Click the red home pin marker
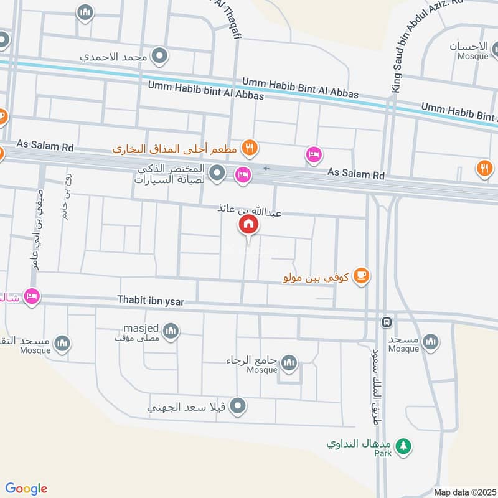(247, 225)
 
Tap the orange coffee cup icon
(360, 276)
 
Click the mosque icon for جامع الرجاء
(289, 362)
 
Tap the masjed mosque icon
(172, 331)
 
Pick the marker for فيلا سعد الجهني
(237, 407)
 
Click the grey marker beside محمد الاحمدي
(161, 57)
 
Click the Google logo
(26, 489)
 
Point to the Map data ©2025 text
(464, 492)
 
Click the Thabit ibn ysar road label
(151, 300)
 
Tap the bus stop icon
(387, 322)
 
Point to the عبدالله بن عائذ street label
(249, 210)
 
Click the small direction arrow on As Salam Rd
(267, 168)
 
